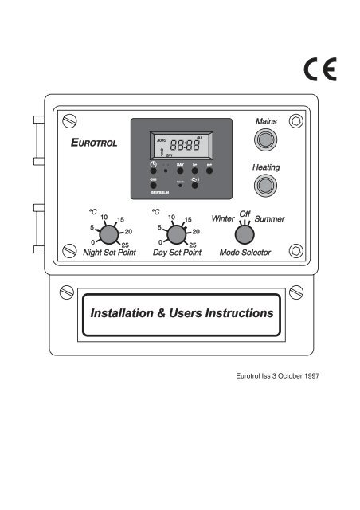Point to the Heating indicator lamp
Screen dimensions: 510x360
pos(264,187)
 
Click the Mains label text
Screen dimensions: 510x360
pos(264,122)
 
